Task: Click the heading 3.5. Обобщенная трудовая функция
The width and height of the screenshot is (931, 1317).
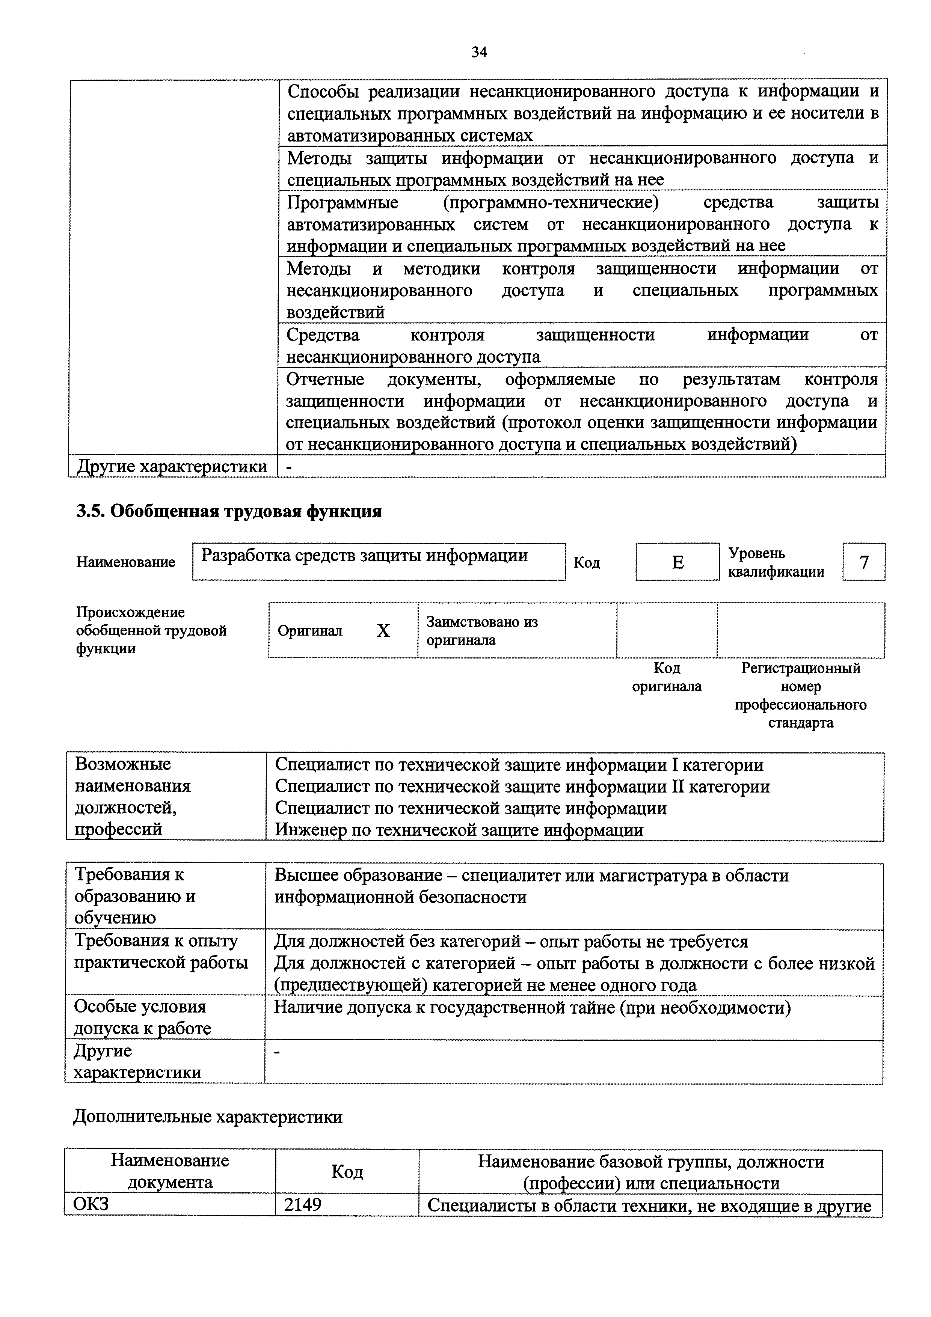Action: [x=229, y=511]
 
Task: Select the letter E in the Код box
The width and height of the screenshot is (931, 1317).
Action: [x=678, y=562]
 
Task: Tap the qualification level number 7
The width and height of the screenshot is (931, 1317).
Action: [x=864, y=562]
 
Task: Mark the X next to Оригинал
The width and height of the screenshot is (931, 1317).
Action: [x=383, y=630]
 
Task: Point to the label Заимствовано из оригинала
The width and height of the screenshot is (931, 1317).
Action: [x=482, y=630]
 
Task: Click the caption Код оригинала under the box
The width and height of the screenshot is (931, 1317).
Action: [x=667, y=677]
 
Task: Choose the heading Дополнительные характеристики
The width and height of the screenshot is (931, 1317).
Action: [x=208, y=1116]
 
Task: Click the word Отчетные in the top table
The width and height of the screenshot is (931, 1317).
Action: [x=325, y=379]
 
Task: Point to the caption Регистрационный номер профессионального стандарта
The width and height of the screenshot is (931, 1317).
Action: [x=800, y=695]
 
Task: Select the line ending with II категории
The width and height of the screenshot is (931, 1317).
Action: [x=522, y=787]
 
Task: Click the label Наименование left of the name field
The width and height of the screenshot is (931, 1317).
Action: [x=126, y=562]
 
